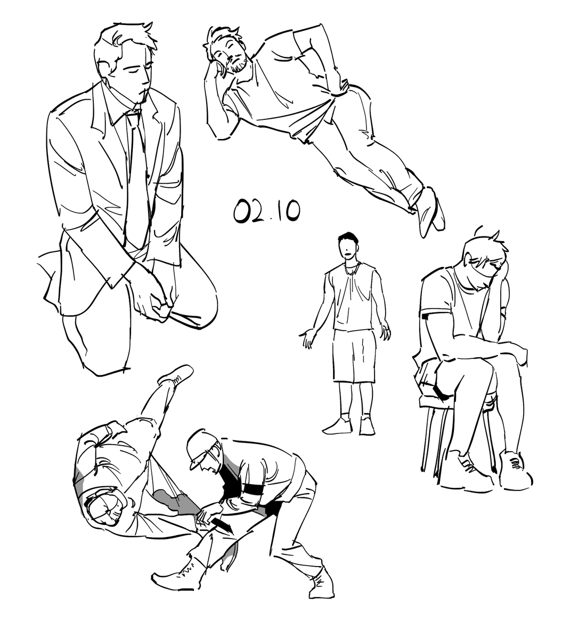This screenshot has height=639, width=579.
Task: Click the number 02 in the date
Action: pos(251,210)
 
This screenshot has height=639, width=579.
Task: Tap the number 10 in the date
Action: pos(289,211)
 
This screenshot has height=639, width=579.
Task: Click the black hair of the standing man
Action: pos(348,239)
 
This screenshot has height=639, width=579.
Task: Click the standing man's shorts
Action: pos(354,356)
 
